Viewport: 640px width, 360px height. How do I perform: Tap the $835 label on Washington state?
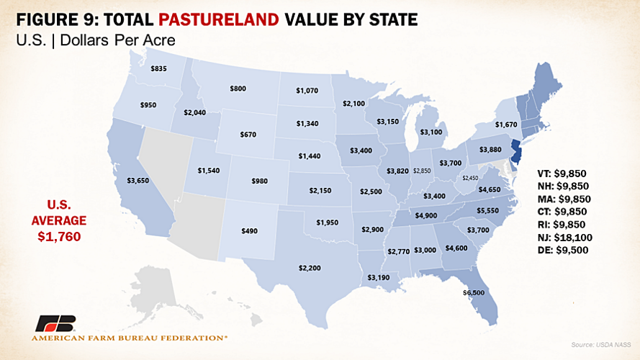(159, 68)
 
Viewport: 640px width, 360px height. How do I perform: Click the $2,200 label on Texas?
(310, 267)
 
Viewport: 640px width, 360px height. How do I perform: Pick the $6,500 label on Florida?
(474, 293)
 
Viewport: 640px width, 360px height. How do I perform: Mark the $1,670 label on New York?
(506, 125)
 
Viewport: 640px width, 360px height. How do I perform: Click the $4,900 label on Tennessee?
(426, 215)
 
